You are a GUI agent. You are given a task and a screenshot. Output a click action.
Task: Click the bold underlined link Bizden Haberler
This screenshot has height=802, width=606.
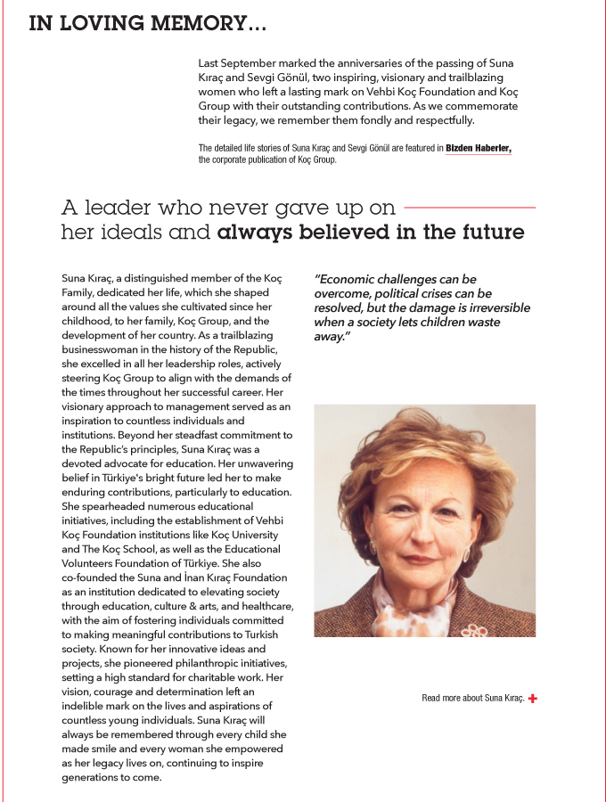[x=479, y=148]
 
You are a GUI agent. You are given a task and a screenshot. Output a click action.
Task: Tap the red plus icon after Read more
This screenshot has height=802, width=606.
[x=532, y=699]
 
